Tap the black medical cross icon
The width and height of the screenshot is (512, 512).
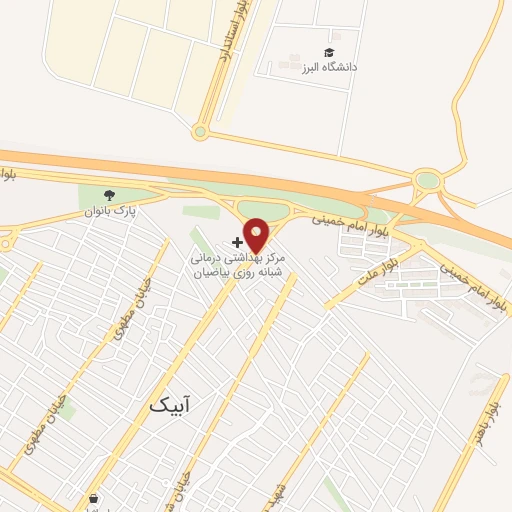coord(236,242)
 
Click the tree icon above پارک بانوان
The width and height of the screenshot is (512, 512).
coord(109,196)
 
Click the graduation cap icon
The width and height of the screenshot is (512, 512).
coord(329,52)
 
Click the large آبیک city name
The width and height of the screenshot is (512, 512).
coord(169,404)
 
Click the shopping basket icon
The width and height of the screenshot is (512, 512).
coord(93,497)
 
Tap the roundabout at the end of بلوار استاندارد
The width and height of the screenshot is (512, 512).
coord(201,131)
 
